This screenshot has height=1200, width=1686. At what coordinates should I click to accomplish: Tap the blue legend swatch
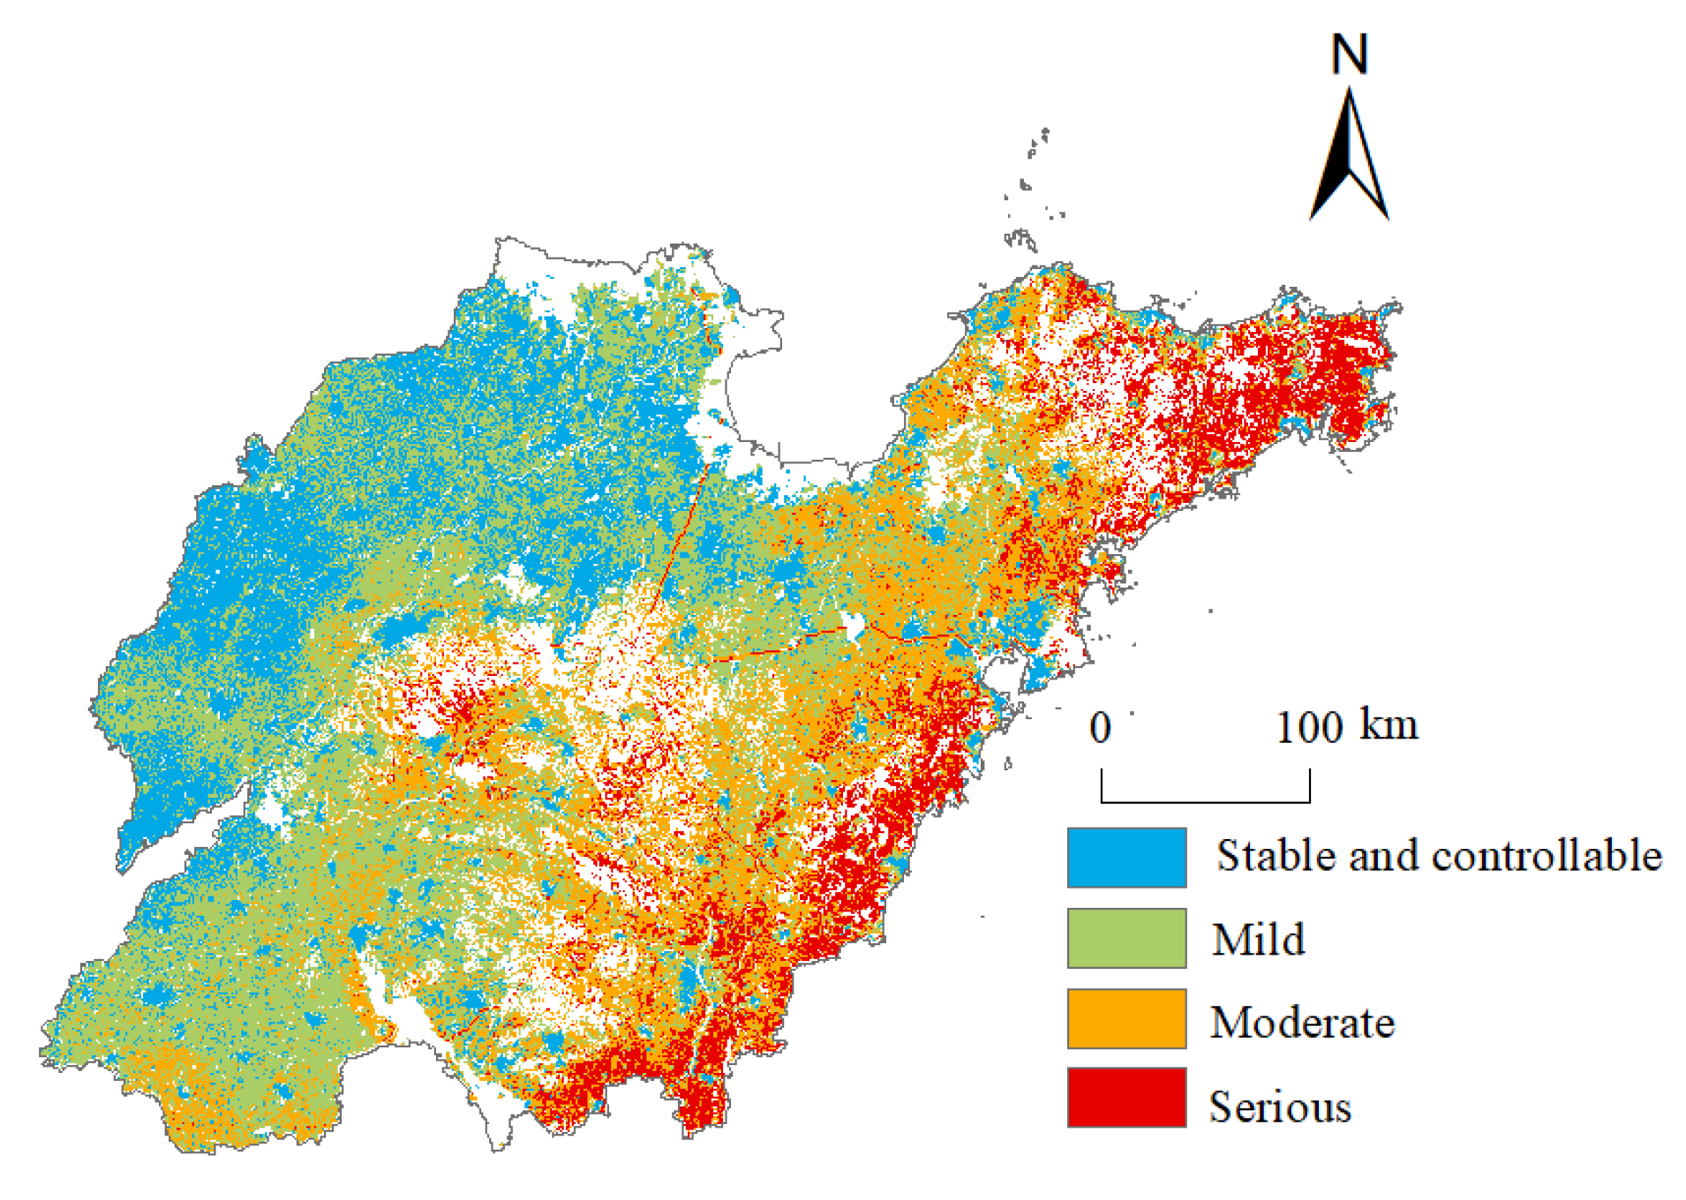click(x=1125, y=857)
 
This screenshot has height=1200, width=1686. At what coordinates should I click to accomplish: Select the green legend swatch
click(x=1125, y=938)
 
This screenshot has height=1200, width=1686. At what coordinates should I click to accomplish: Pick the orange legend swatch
click(x=1125, y=1018)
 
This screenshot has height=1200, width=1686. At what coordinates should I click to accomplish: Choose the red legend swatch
click(x=1125, y=1097)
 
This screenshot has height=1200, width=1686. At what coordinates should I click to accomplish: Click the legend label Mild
click(x=1258, y=939)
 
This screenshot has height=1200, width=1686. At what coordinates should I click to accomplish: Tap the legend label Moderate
click(x=1301, y=1022)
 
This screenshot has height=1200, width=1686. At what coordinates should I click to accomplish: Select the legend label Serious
click(x=1279, y=1106)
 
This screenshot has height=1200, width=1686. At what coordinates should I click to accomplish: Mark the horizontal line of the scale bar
click(x=1205, y=801)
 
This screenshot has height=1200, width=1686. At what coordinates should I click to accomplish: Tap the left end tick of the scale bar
click(x=1102, y=785)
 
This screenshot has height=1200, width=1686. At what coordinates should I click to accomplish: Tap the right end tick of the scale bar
click(x=1310, y=785)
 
